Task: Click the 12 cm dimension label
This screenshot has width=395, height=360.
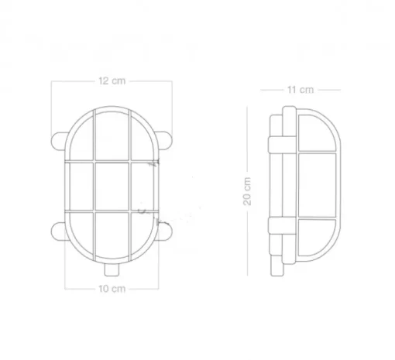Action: point(112,81)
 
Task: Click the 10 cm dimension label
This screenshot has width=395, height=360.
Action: point(112,289)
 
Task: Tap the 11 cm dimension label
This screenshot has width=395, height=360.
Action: point(301,90)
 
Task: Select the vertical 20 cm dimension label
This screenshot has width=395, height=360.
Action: point(247,191)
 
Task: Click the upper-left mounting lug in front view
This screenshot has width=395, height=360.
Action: point(59,141)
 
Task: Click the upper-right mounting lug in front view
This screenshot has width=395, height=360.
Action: point(163,141)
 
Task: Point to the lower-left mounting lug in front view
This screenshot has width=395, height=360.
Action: point(59,231)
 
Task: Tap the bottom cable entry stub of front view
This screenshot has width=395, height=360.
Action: point(112,269)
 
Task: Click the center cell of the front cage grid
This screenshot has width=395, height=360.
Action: point(112,186)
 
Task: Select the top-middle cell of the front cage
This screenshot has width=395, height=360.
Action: point(112,136)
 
